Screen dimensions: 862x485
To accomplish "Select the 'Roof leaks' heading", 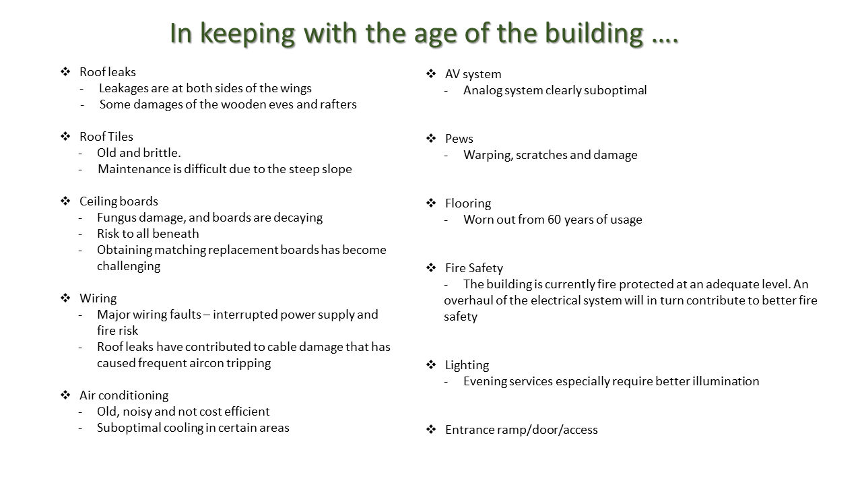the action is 108,72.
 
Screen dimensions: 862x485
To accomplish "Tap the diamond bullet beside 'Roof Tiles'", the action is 65,136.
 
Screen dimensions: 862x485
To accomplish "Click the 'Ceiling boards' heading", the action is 119,201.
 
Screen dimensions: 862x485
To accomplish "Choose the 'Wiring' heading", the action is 98,298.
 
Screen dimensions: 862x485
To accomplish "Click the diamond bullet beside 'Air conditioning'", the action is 65,395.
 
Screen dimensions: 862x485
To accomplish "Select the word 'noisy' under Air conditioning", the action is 137,412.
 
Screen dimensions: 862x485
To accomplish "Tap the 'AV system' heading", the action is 473,74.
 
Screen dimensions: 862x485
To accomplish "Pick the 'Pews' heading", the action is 459,139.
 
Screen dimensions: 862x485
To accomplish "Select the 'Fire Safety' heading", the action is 474,268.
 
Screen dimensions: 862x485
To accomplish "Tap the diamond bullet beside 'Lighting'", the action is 431,364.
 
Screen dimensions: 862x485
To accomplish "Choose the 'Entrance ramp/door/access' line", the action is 521,430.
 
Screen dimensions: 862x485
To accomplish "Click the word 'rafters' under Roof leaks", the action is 338,104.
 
